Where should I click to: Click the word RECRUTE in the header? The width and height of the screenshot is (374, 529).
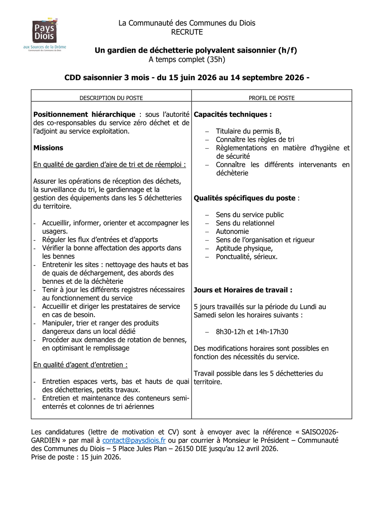[x=187, y=32]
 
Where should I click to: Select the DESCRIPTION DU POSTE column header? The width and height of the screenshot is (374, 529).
[x=111, y=98]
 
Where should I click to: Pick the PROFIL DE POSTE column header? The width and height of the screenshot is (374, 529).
[x=271, y=98]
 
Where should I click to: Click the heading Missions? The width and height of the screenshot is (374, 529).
[x=48, y=148]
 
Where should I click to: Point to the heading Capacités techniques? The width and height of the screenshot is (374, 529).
[x=233, y=114]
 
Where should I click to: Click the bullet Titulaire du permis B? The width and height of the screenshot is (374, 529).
[x=249, y=131]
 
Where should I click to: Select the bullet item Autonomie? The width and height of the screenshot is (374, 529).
[x=232, y=231]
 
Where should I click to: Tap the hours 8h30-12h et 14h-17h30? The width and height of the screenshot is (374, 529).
[x=252, y=332]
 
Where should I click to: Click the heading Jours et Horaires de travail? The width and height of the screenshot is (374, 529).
[x=243, y=290]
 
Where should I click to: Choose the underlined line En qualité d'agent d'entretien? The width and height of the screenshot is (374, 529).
[x=80, y=365]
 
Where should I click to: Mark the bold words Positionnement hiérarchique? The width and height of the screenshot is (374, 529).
[x=84, y=114]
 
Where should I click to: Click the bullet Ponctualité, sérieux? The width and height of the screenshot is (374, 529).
[x=246, y=257]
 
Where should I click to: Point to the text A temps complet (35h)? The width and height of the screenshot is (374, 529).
[x=187, y=59]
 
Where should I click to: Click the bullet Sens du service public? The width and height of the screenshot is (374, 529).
[x=250, y=215]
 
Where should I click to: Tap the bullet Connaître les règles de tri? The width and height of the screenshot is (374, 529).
[x=255, y=140]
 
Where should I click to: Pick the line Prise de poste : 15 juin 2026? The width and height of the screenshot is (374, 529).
[x=76, y=457]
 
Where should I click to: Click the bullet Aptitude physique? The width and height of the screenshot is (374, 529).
[x=244, y=249]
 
